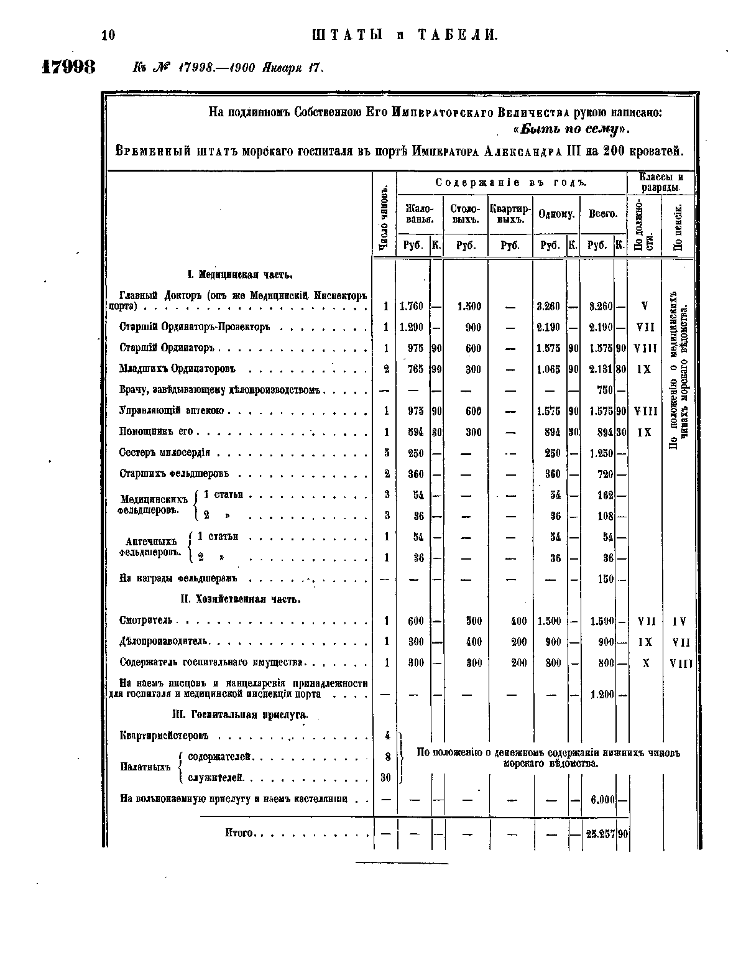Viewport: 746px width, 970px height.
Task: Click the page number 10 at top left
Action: [x=108, y=35]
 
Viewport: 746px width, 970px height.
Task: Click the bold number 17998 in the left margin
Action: [x=68, y=67]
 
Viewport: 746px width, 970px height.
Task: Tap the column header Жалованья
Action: [x=420, y=213]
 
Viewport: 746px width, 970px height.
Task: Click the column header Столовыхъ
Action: [x=466, y=213]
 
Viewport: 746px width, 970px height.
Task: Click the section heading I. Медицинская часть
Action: [x=240, y=275]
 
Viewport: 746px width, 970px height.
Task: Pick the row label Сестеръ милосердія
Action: [x=165, y=453]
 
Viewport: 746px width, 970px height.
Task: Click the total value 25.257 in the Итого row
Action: [x=600, y=834]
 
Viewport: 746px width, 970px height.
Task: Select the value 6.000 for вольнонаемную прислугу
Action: [x=602, y=800]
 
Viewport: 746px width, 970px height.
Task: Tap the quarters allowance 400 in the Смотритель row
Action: [x=518, y=621]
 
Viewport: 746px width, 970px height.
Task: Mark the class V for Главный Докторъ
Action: [x=644, y=306]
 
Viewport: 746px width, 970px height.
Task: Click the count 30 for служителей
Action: [x=385, y=777]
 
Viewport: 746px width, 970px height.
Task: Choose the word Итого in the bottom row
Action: [x=238, y=833]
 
